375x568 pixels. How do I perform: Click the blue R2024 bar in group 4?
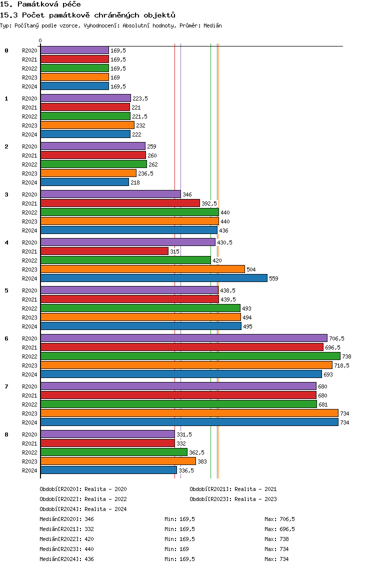point(154,278)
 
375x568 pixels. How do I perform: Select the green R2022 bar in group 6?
point(190,356)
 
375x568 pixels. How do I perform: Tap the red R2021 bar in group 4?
point(104,251)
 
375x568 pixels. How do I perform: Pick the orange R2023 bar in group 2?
point(88,173)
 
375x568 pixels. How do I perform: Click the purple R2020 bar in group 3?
point(110,194)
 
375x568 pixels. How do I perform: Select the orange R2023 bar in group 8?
point(118,461)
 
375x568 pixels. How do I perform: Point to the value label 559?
point(273,278)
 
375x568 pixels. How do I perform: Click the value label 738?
point(346,356)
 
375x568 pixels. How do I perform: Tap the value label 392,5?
point(209,203)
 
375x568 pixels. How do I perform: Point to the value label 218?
point(135,182)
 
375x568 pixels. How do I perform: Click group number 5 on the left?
point(6,290)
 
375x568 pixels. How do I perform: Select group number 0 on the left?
point(6,50)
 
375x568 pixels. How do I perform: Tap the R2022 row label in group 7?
point(29,404)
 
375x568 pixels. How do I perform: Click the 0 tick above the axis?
point(40,40)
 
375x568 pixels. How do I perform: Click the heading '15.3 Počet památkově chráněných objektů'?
point(87,15)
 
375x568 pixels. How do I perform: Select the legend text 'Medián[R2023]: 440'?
point(66,549)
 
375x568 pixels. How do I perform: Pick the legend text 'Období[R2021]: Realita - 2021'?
point(233,489)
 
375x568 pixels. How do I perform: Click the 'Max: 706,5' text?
point(279,519)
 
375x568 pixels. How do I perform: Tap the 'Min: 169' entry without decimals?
point(176,549)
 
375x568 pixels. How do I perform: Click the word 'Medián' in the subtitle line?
point(212,25)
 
